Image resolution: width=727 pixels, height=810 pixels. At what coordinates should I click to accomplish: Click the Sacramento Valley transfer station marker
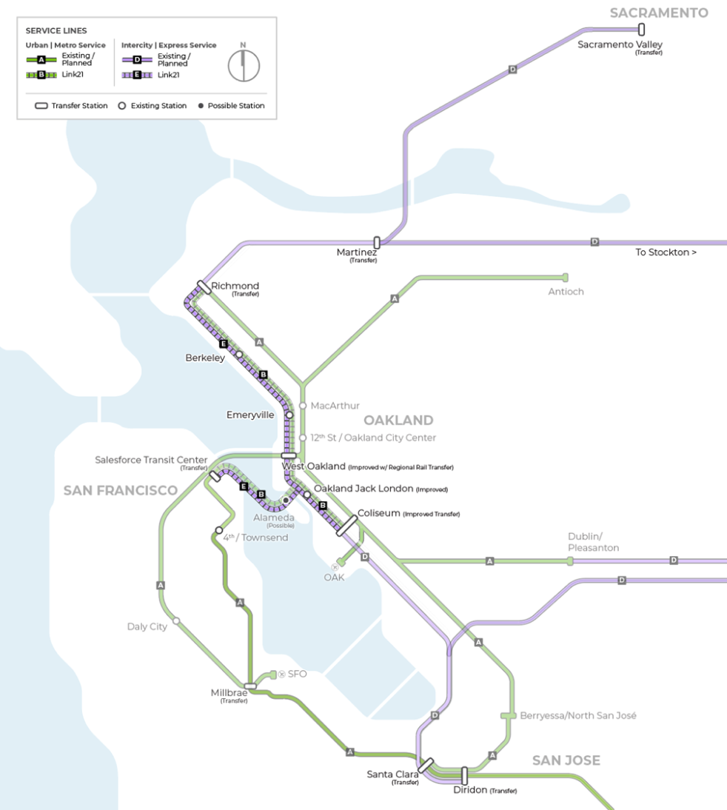point(641,30)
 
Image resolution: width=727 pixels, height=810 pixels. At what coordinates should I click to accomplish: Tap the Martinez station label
point(356,252)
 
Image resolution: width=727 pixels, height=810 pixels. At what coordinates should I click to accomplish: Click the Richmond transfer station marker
point(204,287)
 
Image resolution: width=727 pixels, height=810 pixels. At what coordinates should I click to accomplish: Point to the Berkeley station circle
point(239,354)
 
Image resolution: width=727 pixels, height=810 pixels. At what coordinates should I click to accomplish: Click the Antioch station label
point(566,292)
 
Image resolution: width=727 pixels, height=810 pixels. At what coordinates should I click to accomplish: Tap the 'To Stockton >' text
point(666,252)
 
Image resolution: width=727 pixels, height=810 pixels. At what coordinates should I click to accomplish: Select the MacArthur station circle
point(302,406)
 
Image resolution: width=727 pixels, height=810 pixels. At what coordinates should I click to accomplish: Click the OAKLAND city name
point(398,421)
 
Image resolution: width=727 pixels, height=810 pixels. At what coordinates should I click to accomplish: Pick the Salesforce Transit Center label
point(151,461)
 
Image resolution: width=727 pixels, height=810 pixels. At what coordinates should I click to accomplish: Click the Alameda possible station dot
point(286,501)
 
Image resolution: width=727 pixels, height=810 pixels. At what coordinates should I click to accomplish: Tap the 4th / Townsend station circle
point(218,530)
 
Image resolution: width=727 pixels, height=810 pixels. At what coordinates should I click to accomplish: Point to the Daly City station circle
point(176,620)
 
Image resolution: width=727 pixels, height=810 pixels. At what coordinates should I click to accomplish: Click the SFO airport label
point(297,674)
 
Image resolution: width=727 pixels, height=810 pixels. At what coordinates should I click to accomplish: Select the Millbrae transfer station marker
point(250,686)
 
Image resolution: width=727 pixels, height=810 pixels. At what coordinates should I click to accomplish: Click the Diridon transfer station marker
point(464,775)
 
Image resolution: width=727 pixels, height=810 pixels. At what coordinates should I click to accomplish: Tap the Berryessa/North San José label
point(578,716)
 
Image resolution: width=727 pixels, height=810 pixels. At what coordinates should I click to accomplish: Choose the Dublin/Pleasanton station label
point(593,542)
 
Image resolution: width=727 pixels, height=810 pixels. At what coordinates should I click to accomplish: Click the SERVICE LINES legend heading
point(56,30)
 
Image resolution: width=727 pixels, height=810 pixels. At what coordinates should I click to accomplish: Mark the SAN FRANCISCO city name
point(120,491)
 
